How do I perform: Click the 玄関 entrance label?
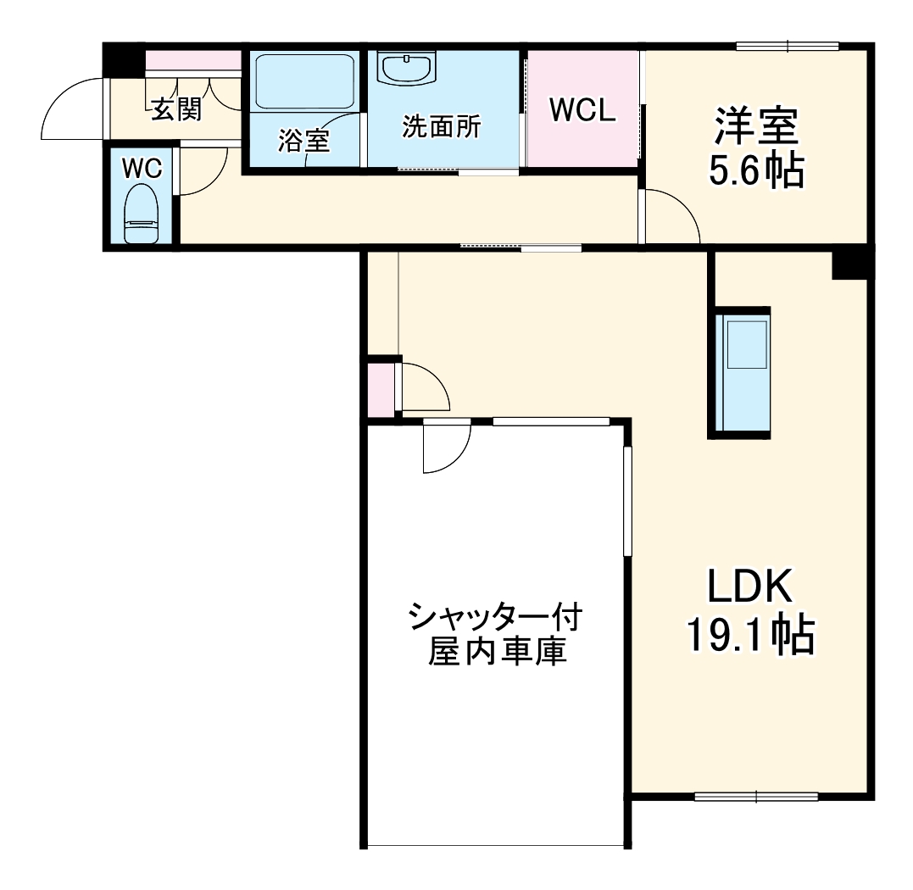tap(176, 108)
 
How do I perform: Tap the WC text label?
tap(142, 168)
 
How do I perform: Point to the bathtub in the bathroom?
tap(303, 81)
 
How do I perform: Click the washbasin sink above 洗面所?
tap(407, 68)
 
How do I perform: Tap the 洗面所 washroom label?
tap(441, 127)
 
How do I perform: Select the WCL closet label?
tap(582, 110)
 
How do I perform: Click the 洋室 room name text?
tap(755, 128)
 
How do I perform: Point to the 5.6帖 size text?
tap(755, 172)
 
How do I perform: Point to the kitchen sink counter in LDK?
tap(742, 373)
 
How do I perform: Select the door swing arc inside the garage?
tap(448, 447)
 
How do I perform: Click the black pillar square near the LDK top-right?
tap(850, 263)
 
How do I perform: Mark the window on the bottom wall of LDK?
tap(755, 796)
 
